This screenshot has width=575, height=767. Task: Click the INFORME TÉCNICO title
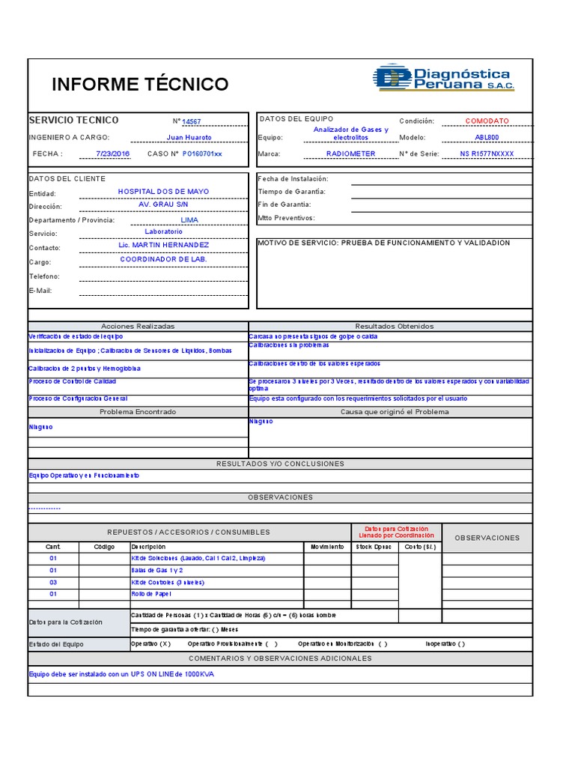tap(140, 85)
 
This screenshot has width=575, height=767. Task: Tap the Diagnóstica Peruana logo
tap(442, 79)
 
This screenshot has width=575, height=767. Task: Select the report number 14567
tap(192, 122)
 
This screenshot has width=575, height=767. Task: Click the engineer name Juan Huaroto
tap(189, 138)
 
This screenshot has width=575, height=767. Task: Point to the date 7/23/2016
tap(113, 154)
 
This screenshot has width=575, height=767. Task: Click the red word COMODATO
tap(487, 121)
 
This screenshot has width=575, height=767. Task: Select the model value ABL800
tap(487, 138)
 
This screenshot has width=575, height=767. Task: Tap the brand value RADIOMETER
tap(350, 154)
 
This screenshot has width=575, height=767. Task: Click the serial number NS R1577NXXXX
tap(487, 154)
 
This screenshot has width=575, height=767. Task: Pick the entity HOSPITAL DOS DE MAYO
tap(163, 192)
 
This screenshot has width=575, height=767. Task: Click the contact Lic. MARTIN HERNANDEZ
tap(163, 245)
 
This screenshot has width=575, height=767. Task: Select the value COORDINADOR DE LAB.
tap(163, 259)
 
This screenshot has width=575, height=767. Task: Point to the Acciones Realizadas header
tap(138, 327)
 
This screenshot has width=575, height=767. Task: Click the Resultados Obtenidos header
tap(394, 327)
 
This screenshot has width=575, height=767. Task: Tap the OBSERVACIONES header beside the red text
tap(487, 538)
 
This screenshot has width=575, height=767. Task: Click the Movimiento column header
tap(327, 547)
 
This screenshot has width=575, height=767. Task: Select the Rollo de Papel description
tap(152, 594)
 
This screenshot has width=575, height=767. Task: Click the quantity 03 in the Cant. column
tap(53, 582)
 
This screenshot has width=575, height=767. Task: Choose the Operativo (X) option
tap(150, 643)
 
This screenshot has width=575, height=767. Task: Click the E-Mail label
tap(40, 291)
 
